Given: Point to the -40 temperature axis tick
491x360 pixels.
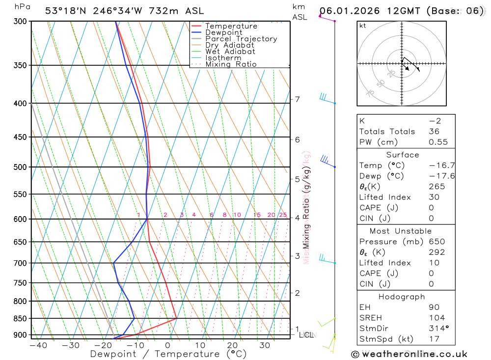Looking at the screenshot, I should click(38, 345).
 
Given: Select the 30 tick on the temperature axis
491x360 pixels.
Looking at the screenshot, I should click(265, 345).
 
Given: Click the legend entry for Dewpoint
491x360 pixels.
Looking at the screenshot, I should click(224, 32).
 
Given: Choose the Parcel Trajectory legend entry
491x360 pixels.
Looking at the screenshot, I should click(241, 39).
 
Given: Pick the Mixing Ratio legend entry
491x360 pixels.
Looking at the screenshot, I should click(231, 64).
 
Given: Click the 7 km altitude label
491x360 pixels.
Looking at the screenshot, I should click(297, 99).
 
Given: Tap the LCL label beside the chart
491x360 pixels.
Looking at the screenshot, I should click(306, 335).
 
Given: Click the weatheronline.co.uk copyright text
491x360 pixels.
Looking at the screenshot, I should click(409, 354).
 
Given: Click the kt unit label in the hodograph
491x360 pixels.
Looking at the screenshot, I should click(362, 26).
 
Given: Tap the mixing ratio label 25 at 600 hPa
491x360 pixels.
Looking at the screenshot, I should click(283, 215).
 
